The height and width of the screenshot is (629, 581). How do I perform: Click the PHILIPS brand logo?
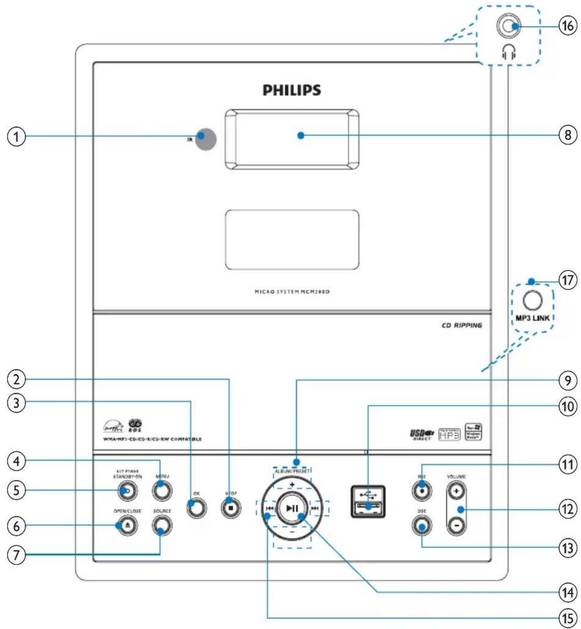coord(292,90)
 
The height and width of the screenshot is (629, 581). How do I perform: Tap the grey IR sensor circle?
coord(206,139)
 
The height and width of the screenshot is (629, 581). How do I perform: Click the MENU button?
coord(162,491)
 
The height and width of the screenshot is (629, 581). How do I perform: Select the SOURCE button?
coord(162,526)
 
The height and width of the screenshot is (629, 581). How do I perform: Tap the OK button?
coord(196,507)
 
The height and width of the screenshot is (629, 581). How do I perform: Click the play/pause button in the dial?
coord(292,508)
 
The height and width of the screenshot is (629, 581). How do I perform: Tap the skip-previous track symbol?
coord(270,508)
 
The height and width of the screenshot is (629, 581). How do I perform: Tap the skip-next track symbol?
coord(314,508)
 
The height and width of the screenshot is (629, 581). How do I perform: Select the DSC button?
coord(421,526)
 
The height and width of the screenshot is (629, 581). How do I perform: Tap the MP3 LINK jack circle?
coord(532,300)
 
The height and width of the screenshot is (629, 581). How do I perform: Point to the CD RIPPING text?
coord(462,325)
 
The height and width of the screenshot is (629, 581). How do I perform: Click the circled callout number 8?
coord(567,136)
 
